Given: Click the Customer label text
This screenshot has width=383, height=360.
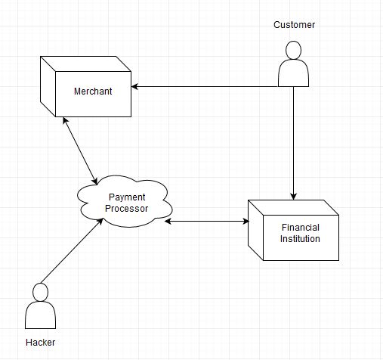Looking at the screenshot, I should point(294,25).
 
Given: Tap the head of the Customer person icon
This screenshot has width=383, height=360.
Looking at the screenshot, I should point(293,50).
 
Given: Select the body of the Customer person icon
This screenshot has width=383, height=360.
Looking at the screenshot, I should point(293,74).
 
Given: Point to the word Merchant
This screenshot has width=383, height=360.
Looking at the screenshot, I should point(92,92).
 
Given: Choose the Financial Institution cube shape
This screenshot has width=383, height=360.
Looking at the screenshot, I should point(295,231).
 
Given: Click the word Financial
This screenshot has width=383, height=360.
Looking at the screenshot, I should point(300,228).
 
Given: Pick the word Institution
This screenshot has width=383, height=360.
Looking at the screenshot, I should point(300,239).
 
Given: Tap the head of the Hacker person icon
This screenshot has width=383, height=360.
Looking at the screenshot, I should point(41,292).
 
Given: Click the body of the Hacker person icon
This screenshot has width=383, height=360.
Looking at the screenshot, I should point(41,316).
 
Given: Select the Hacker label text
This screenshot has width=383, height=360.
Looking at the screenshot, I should point(41,343).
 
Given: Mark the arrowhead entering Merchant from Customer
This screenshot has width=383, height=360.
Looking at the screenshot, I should point(137,86).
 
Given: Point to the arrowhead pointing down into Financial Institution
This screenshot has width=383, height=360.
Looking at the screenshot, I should point(293,195).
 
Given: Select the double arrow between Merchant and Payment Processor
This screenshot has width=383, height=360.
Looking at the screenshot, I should point(81,151).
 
